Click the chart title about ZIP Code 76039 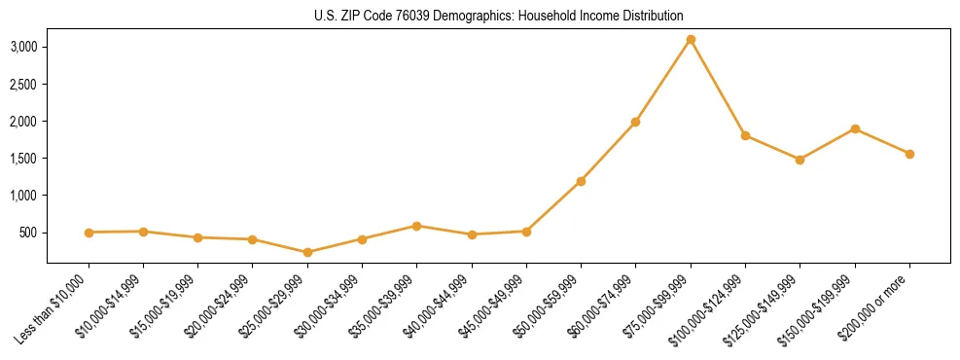(480, 16)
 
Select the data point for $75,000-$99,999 (691, 39)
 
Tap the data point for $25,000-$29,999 (307, 252)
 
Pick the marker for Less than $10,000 (89, 233)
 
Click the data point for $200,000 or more (909, 154)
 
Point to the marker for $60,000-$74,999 (635, 122)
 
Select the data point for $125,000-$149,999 (800, 160)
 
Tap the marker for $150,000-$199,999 (855, 128)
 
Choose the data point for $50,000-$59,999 (581, 181)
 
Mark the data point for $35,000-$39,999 (416, 226)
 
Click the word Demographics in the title (445, 16)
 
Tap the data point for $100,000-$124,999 (745, 135)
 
